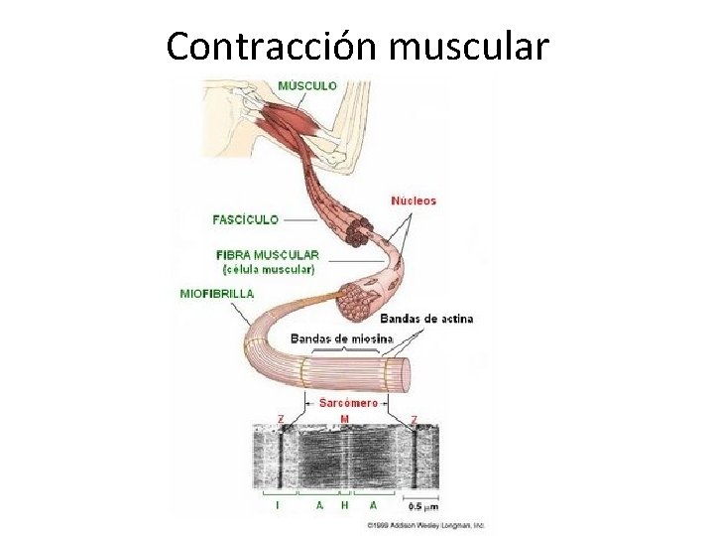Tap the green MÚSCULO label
point(306,86)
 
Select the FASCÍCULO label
point(245,219)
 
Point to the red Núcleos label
point(414,201)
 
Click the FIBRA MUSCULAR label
point(268,254)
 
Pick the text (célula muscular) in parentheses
point(268,269)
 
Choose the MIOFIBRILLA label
point(217,294)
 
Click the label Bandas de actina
point(426,319)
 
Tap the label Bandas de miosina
point(342,339)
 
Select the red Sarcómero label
point(347,403)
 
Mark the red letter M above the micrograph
point(344,419)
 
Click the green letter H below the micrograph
point(344,504)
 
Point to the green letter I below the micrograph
point(277,504)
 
